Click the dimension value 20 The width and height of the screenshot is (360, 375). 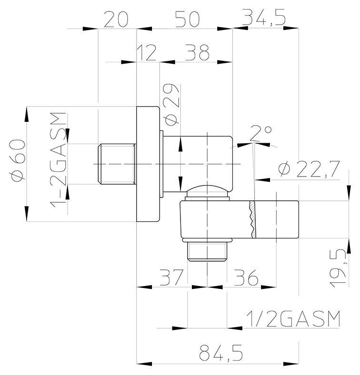(x=116, y=20)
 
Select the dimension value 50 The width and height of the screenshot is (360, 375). (x=187, y=20)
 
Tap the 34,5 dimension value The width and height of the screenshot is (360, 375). (x=263, y=18)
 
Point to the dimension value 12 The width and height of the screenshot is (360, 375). (x=147, y=52)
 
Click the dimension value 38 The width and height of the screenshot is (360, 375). (x=198, y=52)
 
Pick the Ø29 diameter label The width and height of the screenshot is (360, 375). (x=171, y=105)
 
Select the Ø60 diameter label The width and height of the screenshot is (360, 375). (x=17, y=161)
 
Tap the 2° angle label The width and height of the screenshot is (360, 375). (x=260, y=133)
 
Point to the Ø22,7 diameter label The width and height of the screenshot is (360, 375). (x=309, y=169)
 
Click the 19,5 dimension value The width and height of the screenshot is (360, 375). (x=338, y=268)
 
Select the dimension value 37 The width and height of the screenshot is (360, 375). (x=171, y=277)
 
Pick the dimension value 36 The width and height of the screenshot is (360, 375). (x=246, y=277)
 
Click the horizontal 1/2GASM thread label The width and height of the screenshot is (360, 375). (x=293, y=318)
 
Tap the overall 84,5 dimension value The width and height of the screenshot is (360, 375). (x=221, y=353)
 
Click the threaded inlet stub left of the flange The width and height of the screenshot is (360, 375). (x=117, y=164)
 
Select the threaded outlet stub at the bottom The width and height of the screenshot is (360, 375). (x=207, y=251)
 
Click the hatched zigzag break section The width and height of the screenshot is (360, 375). (x=252, y=219)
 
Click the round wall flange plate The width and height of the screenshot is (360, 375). (x=148, y=164)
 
